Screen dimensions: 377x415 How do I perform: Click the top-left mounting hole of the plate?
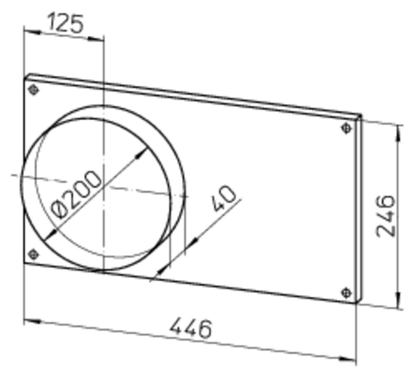[x=33, y=90]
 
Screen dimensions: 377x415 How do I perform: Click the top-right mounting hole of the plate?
[x=347, y=128]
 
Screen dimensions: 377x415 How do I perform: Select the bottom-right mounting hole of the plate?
[x=347, y=293]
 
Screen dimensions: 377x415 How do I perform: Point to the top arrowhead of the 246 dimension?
[x=399, y=130]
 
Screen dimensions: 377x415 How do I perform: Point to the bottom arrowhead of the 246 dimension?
[x=399, y=303]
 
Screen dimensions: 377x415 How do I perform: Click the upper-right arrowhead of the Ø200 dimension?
[x=142, y=153]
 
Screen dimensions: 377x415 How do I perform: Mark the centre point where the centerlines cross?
[x=103, y=187]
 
